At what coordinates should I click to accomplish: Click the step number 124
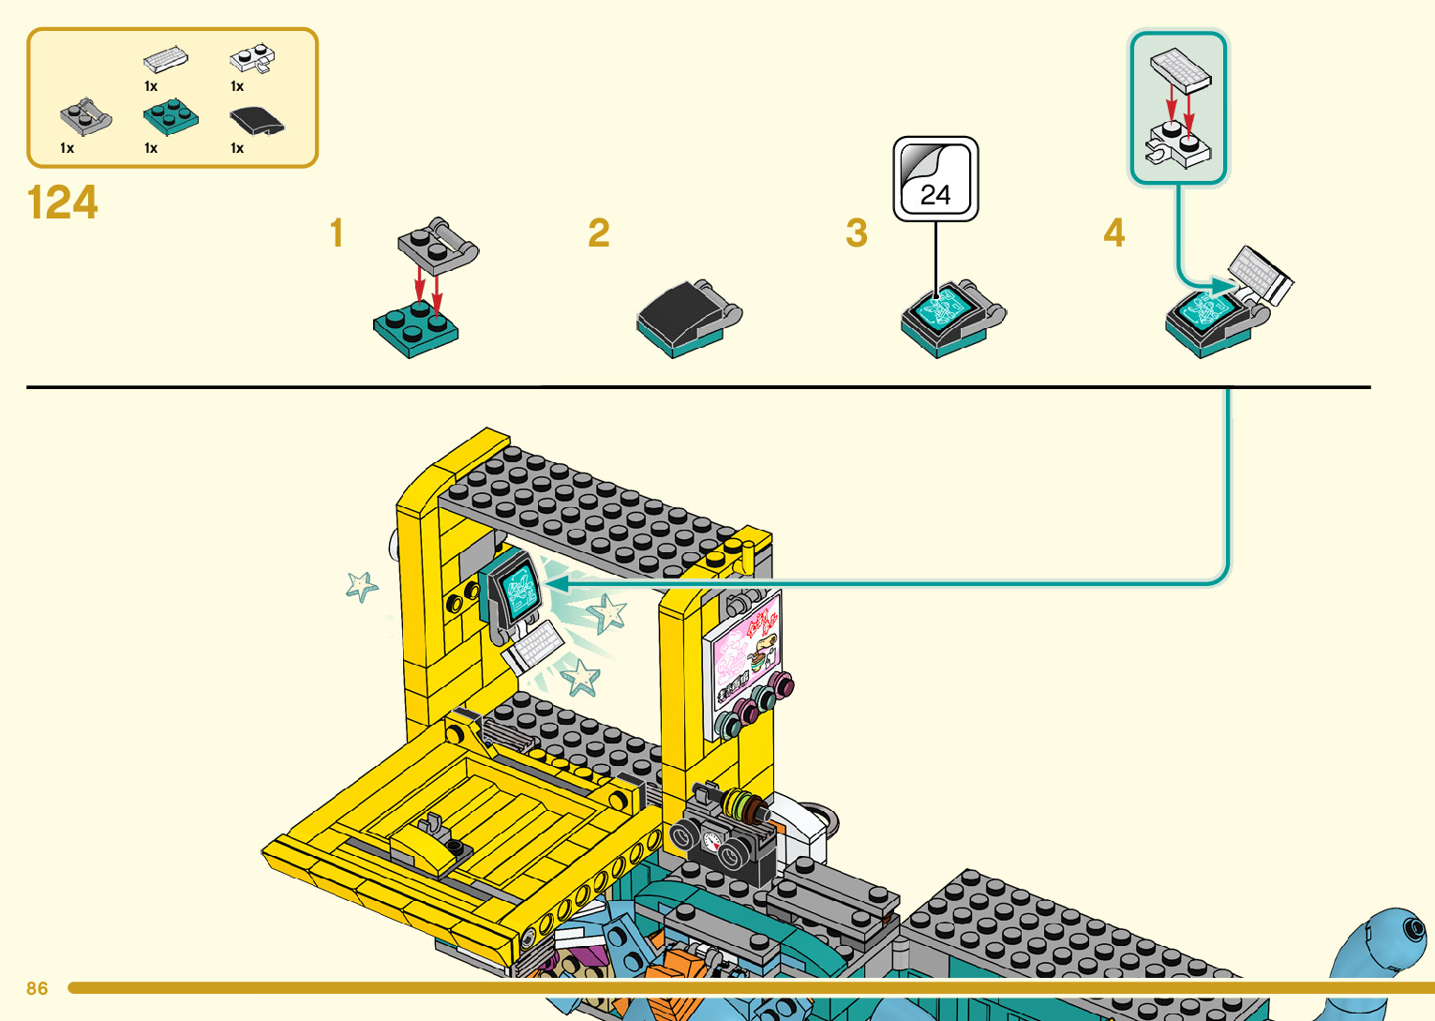[x=63, y=203]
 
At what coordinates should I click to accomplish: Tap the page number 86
[x=37, y=988]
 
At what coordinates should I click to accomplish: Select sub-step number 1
[x=336, y=233]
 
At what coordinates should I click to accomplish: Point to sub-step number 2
[x=599, y=233]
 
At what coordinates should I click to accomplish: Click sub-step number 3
[x=857, y=233]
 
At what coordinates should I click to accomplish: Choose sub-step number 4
[x=1114, y=233]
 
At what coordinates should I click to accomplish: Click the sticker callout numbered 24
[x=935, y=179]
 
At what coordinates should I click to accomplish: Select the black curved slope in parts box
[x=256, y=121]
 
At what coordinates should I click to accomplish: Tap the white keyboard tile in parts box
[x=166, y=59]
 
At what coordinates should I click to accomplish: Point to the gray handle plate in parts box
[x=85, y=117]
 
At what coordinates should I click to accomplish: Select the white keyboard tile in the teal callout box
[x=1181, y=69]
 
